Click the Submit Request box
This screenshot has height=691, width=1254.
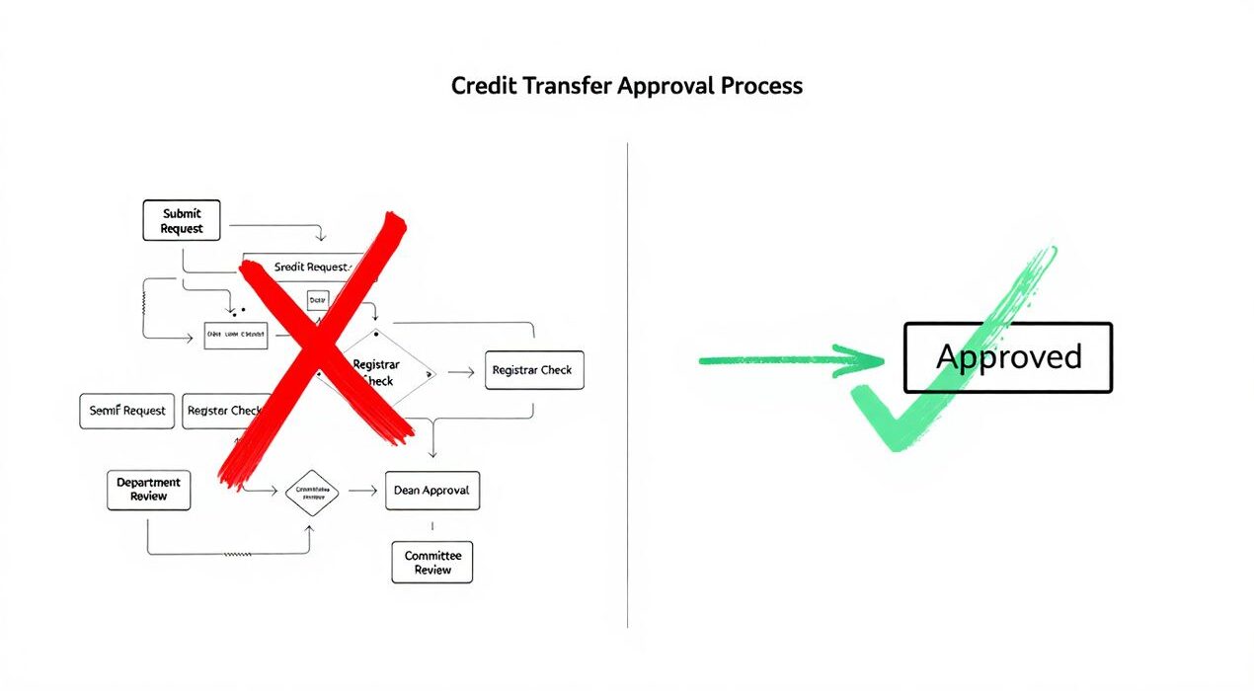[x=182, y=220]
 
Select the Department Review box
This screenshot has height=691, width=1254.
[x=149, y=490]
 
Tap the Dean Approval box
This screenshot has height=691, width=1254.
[x=431, y=491]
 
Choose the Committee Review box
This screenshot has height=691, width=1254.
[x=432, y=562]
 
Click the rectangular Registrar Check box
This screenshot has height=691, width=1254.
[x=534, y=370]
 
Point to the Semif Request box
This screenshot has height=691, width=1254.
[x=126, y=411]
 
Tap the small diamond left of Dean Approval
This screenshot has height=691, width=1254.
[x=311, y=491]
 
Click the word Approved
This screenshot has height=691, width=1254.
[x=1008, y=356]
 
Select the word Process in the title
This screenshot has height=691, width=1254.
[x=761, y=86]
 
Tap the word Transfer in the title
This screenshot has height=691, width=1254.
[x=566, y=86]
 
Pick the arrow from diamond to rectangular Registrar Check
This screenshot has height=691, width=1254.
[x=461, y=373]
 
